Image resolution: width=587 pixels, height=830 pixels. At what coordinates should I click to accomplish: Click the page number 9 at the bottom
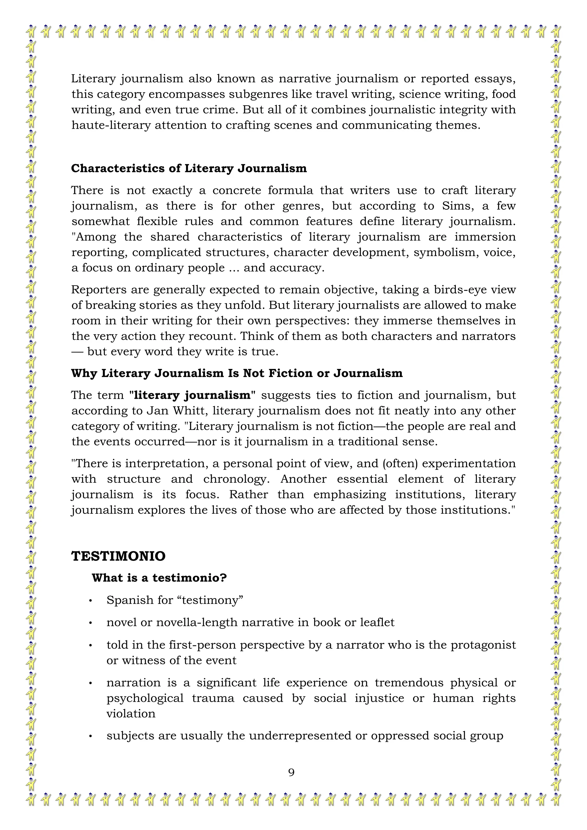pyautogui.click(x=291, y=773)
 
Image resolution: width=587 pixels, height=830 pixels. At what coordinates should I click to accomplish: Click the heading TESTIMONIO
pyautogui.click(x=118, y=556)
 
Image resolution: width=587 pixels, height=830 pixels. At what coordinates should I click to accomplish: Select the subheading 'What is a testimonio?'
pyautogui.click(x=159, y=578)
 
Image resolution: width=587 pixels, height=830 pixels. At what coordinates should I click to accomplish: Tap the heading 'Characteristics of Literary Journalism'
pyautogui.click(x=189, y=169)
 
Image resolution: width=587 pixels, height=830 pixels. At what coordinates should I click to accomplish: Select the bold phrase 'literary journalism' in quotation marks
pyautogui.click(x=192, y=395)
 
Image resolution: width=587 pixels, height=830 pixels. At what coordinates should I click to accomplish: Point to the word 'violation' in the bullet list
pyautogui.click(x=131, y=714)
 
